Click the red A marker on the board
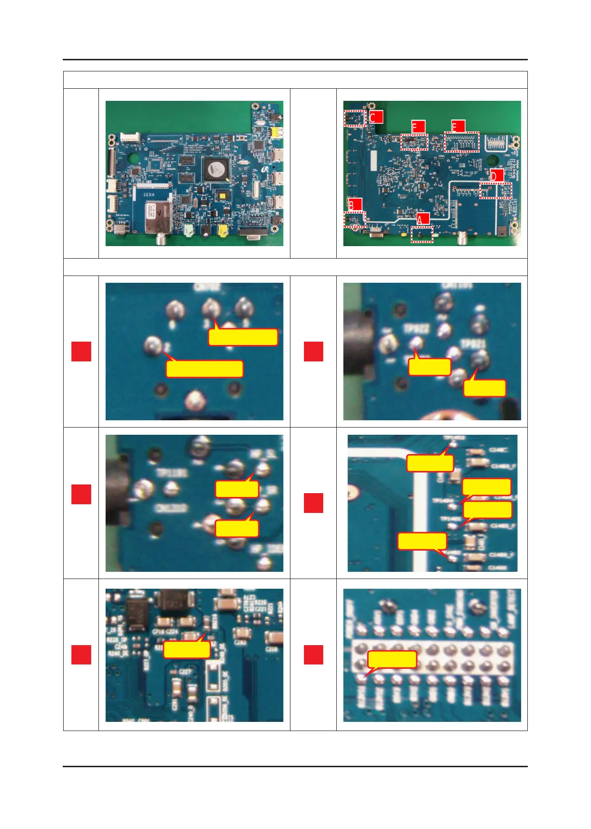423,220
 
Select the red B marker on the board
355,205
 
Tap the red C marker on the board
376,117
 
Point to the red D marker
497,176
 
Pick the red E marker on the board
458,126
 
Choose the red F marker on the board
418,127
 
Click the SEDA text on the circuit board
149,194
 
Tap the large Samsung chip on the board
215,169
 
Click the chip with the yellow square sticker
223,195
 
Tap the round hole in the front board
134,157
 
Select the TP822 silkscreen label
416,329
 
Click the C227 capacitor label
185,671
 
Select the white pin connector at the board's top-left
130,138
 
